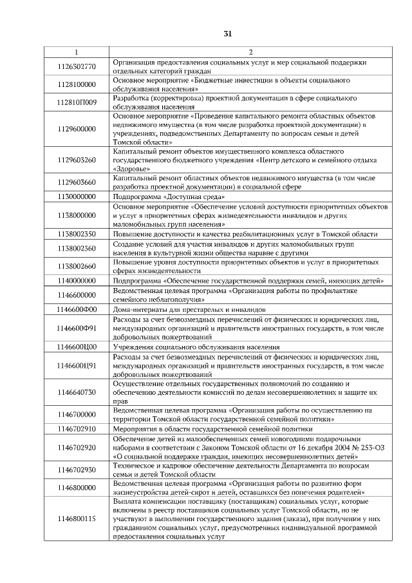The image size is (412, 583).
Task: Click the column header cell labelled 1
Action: (77, 52)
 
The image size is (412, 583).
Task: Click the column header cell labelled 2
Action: (250, 52)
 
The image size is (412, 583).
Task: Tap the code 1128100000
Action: (77, 84)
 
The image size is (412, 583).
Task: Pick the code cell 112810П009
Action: (77, 102)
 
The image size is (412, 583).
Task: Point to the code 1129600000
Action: (77, 128)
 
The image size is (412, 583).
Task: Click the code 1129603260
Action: (77, 160)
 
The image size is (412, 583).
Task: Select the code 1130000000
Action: (77, 195)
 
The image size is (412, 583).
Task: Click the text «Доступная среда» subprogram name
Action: (192, 195)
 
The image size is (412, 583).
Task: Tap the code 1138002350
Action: (77, 234)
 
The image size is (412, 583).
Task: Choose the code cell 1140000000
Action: (77, 282)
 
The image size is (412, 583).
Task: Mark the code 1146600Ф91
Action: (77, 328)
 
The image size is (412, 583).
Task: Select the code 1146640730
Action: (77, 392)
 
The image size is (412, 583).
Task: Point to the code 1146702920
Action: (77, 446)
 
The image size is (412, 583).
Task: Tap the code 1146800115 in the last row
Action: (77, 518)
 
